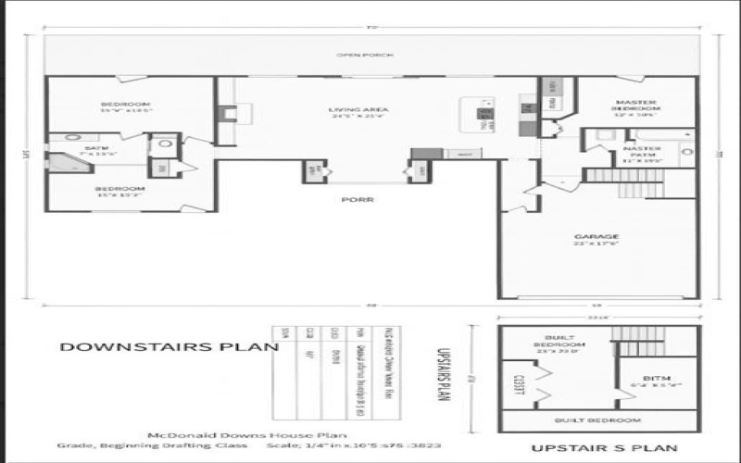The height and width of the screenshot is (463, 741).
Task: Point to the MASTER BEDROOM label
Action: click(634, 107)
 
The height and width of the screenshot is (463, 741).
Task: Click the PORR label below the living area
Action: click(352, 199)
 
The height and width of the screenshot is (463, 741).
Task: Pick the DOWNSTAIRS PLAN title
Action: click(170, 347)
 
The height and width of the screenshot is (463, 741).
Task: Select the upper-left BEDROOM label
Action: click(125, 103)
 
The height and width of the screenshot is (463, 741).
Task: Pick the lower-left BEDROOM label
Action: click(120, 188)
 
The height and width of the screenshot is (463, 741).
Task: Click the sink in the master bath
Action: click(686, 151)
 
